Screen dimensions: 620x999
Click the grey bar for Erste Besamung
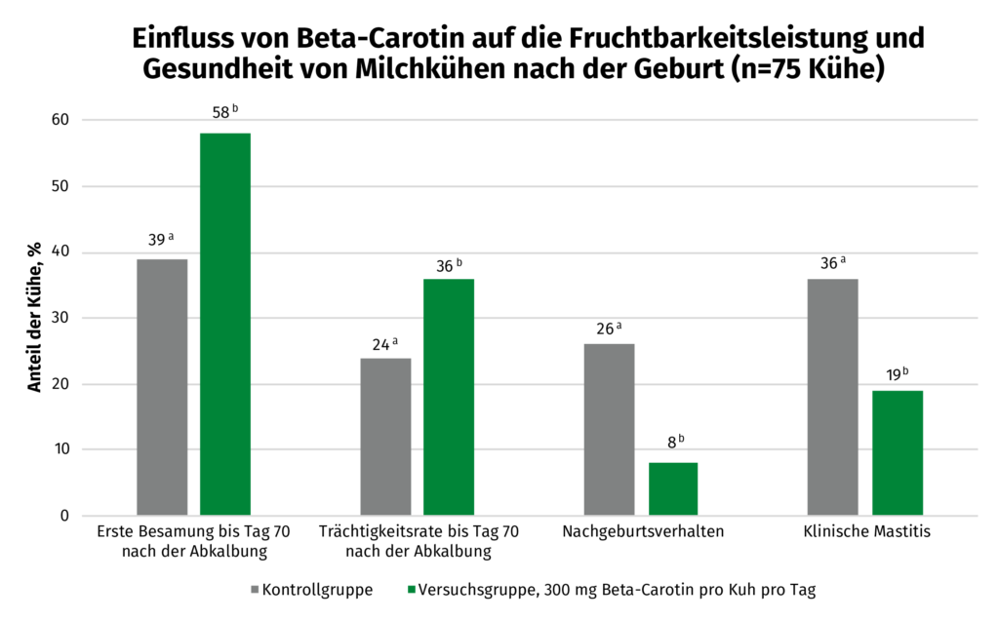(162, 387)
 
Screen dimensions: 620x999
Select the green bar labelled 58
(225, 324)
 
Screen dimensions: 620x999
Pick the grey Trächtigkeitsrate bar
(385, 437)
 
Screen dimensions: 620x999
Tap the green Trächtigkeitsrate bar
(449, 397)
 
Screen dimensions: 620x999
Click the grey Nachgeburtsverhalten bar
(609, 429)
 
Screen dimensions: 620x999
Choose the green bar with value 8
(673, 488)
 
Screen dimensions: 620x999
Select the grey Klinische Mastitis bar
(833, 397)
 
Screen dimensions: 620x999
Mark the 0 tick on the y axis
(64, 516)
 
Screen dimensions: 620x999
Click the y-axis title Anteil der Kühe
(35, 318)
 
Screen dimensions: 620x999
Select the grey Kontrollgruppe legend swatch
(255, 590)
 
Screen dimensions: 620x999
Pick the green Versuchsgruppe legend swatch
(411, 590)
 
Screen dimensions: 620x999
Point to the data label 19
(893, 373)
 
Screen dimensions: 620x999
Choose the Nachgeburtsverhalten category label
(643, 532)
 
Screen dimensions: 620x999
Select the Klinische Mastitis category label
(866, 532)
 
